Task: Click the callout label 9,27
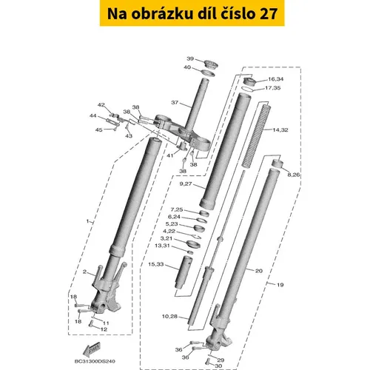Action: pyautogui.click(x=186, y=184)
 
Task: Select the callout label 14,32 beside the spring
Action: pyautogui.click(x=280, y=129)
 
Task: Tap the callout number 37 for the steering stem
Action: pyautogui.click(x=175, y=102)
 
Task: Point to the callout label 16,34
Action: pyautogui.click(x=276, y=79)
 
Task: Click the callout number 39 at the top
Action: pyautogui.click(x=190, y=58)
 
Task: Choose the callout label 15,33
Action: pyautogui.click(x=155, y=264)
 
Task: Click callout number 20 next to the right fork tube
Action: pyautogui.click(x=258, y=271)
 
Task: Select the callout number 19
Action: pyautogui.click(x=280, y=285)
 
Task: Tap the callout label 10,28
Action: pyautogui.click(x=169, y=316)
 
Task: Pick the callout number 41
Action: pyautogui.click(x=170, y=155)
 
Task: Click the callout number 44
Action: pyautogui.click(x=93, y=115)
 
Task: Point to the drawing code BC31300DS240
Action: pyautogui.click(x=95, y=361)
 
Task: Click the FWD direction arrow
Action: pyautogui.click(x=91, y=349)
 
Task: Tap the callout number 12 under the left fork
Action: pyautogui.click(x=104, y=329)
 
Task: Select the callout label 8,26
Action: pyautogui.click(x=293, y=175)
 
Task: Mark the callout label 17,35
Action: pyautogui.click(x=273, y=88)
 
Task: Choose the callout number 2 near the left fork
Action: pyautogui.click(x=84, y=272)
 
